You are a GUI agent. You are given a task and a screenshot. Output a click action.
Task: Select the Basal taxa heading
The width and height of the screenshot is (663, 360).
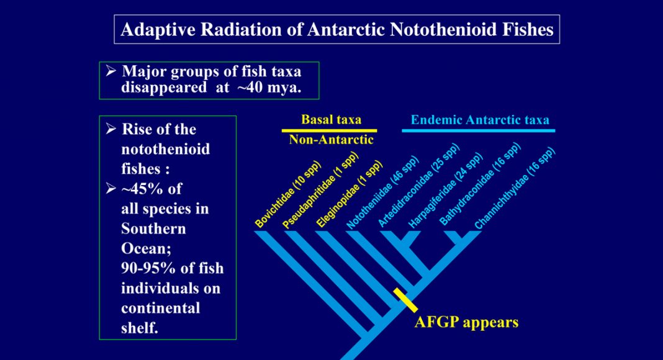pyautogui.click(x=331, y=120)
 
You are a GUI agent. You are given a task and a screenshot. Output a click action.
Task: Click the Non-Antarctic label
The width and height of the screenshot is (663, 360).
pyautogui.click(x=331, y=140)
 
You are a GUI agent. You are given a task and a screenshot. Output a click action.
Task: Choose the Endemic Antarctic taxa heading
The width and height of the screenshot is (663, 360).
pyautogui.click(x=480, y=120)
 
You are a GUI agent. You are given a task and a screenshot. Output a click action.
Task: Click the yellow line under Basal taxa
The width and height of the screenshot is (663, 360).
pyautogui.click(x=330, y=130)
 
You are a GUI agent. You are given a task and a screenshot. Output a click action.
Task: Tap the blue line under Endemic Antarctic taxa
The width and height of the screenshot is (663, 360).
pyautogui.click(x=478, y=130)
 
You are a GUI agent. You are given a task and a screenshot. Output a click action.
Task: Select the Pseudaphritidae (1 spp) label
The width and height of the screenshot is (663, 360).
pyautogui.click(x=320, y=191)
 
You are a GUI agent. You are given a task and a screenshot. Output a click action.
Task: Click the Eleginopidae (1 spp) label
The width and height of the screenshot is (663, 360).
pyautogui.click(x=350, y=194)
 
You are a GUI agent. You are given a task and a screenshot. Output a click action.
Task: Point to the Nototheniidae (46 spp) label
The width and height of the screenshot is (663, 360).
pyautogui.click(x=382, y=193)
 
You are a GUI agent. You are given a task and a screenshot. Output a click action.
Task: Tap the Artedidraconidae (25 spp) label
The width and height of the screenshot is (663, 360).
pyautogui.click(x=418, y=187)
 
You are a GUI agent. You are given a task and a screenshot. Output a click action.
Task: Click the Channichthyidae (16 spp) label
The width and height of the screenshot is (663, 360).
pyautogui.click(x=515, y=189)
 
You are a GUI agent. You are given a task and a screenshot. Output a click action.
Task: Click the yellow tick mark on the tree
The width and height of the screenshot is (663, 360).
pyautogui.click(x=405, y=300)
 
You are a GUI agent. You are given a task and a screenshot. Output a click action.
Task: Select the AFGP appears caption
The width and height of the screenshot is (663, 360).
pyautogui.click(x=466, y=322)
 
